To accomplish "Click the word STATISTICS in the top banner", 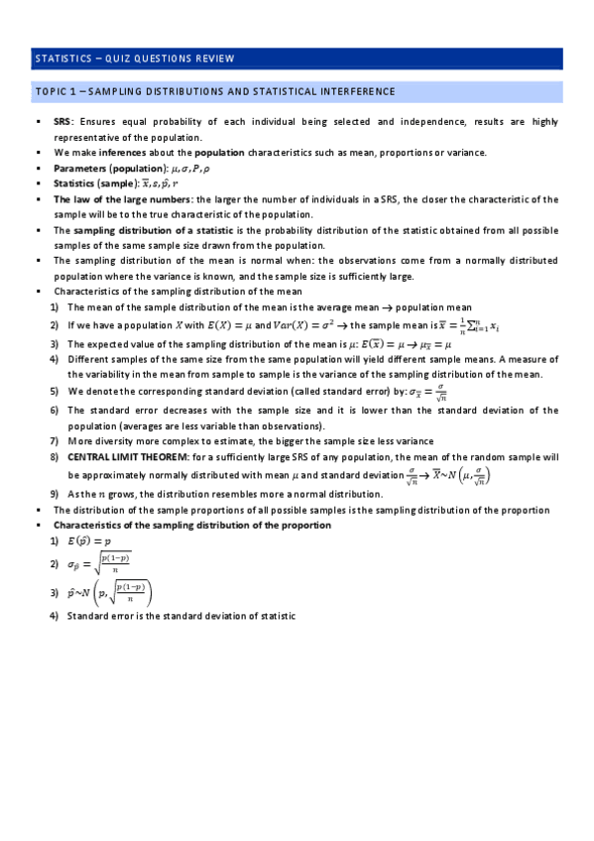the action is tap(62, 59).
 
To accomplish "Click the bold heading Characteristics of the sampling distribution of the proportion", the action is tap(192, 525).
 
